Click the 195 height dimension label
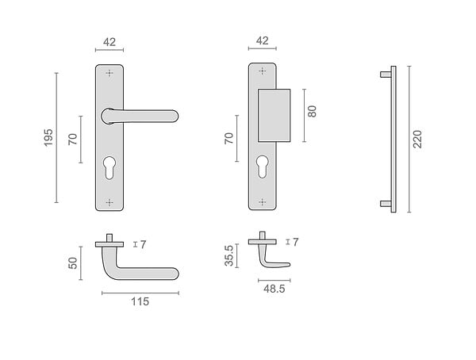[48, 137]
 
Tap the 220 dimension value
[418, 139]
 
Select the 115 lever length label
[140, 301]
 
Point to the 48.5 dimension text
[274, 289]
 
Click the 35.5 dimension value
[229, 255]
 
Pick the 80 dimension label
[312, 111]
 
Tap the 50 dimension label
[73, 263]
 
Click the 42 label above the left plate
[109, 42]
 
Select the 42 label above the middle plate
[263, 40]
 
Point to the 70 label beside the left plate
[73, 139]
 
